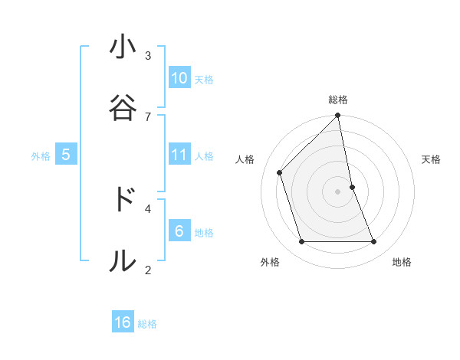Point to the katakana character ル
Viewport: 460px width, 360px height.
[123, 260]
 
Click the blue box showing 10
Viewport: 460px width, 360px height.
[179, 78]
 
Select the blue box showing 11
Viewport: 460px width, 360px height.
[179, 155]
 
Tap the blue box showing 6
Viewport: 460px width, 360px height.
[179, 231]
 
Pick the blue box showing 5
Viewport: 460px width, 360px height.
[66, 155]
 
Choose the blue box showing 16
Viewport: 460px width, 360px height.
[123, 322]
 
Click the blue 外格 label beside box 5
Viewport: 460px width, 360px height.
[41, 156]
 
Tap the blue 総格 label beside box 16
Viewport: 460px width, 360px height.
[147, 324]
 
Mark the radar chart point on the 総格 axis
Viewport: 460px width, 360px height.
[338, 116]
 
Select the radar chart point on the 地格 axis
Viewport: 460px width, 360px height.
[374, 242]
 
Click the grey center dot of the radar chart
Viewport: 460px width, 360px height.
[338, 191]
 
